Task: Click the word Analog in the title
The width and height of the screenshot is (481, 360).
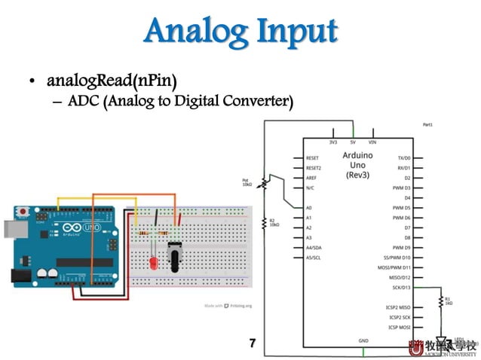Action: point(192,32)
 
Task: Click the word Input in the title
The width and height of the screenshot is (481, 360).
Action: point(295,32)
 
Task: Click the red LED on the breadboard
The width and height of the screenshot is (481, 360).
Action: point(154,263)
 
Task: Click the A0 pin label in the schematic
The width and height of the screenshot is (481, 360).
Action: point(309,207)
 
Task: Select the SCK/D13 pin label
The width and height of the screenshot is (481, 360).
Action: point(397,287)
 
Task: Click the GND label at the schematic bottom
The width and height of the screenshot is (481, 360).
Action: point(363,341)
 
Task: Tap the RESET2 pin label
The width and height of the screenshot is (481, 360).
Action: point(313,168)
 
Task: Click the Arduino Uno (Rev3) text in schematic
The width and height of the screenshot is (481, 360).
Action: point(357,165)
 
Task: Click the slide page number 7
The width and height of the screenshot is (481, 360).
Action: point(253,343)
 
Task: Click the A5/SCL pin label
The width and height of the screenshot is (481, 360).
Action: point(314,257)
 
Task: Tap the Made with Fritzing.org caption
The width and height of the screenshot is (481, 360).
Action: point(228,306)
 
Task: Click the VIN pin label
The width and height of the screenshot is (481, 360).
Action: point(372,142)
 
